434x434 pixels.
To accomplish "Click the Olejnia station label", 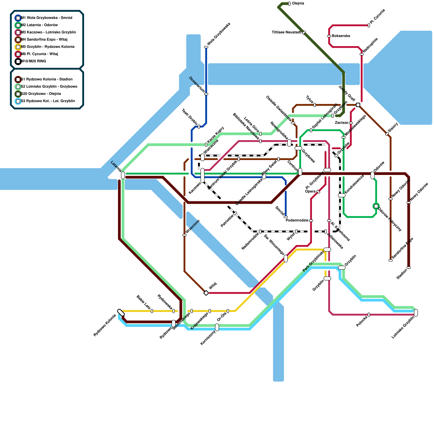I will [298, 4].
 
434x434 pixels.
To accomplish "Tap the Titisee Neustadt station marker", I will [304, 33].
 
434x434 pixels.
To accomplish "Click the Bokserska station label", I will [341, 36].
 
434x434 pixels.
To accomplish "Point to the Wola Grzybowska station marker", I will [206, 47].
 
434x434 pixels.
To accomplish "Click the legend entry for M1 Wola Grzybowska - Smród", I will [46, 18].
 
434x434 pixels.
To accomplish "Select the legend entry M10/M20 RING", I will [34, 61].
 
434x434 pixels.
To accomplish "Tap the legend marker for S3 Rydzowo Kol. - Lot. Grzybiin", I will [18, 101].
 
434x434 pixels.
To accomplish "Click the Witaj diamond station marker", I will [206, 293].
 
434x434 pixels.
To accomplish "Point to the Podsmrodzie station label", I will [297, 220].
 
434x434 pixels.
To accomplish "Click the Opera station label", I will [310, 191].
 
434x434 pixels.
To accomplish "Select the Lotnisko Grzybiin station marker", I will [416, 313].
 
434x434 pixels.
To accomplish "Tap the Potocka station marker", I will [369, 315].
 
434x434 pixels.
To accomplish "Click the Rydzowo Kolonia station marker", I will [121, 312].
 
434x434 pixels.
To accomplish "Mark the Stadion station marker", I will [409, 268].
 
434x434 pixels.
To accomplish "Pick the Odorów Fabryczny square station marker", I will [376, 206].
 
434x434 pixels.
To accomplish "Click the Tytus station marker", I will [315, 105].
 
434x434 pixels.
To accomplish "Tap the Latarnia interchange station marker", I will [123, 175].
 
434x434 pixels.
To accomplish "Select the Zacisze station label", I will [341, 123].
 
